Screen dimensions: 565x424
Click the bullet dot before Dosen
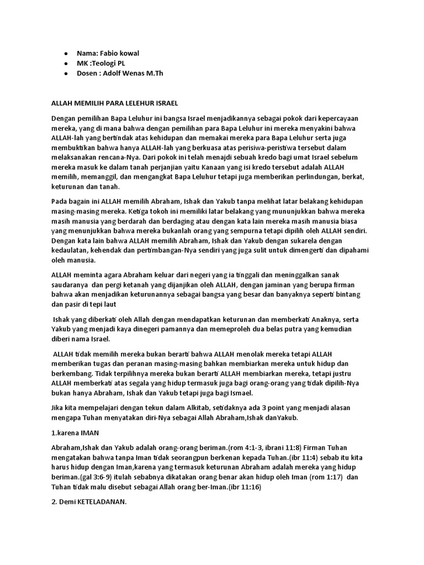click(66, 73)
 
